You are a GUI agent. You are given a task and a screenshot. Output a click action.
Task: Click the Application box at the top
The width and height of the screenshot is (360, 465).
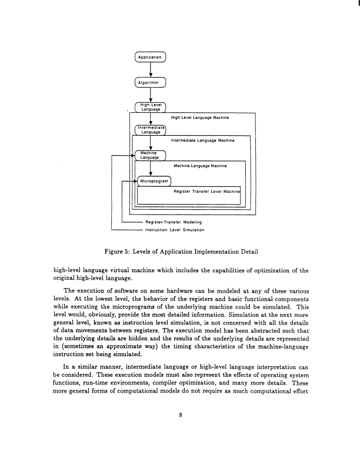click(x=151, y=58)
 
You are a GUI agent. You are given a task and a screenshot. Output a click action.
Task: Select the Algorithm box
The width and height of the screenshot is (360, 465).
click(x=151, y=82)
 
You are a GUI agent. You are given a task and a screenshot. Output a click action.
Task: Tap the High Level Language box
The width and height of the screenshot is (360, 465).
click(x=151, y=106)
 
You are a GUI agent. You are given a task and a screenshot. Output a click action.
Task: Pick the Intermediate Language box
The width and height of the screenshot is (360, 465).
click(x=151, y=130)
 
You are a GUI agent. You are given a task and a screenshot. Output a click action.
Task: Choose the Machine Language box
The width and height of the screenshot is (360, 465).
click(x=151, y=155)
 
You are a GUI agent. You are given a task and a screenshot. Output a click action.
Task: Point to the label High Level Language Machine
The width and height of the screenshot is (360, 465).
click(x=199, y=118)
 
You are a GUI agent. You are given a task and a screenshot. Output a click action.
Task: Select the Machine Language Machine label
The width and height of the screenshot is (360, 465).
click(x=201, y=166)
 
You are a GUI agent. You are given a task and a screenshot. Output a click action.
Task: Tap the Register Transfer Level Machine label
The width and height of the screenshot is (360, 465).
click(x=207, y=191)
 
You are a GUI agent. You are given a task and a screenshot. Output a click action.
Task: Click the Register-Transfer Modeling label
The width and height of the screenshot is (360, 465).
click(x=174, y=222)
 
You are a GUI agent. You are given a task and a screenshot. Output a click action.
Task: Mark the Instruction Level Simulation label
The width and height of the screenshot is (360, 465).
click(x=174, y=229)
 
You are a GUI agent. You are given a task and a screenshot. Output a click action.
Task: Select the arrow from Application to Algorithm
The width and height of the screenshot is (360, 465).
click(x=151, y=69)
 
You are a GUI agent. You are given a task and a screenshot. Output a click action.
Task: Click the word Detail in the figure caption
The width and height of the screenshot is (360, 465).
click(x=246, y=252)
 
